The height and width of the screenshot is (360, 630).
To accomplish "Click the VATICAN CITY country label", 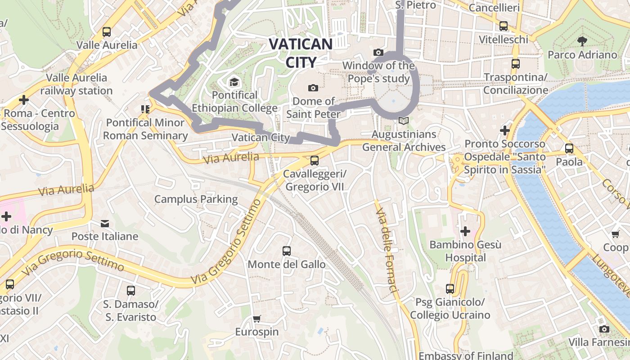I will [301, 53].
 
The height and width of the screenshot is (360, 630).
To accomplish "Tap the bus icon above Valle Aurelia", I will [107, 32].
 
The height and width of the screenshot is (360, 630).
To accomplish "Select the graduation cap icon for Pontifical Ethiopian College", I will [234, 82].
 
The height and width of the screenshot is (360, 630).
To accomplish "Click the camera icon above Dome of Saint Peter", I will [313, 88].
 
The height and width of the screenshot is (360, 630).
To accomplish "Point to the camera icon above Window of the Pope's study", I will [378, 53].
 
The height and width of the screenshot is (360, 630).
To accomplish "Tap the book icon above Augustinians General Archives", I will [404, 121].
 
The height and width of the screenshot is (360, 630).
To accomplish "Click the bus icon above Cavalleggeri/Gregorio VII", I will [315, 161].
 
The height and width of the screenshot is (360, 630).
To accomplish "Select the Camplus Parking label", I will [196, 199].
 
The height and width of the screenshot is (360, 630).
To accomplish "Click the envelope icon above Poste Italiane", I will [105, 223].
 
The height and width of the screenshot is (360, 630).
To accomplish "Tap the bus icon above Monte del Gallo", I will [287, 251].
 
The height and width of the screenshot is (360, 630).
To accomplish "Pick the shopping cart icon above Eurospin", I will [256, 319].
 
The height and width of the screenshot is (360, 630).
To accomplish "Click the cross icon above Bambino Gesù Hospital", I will [465, 232].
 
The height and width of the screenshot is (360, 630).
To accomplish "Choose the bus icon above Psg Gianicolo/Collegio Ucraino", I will [450, 288].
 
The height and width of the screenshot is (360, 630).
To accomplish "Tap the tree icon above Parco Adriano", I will [582, 41].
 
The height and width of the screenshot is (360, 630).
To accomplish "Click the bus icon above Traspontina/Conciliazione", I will [516, 64].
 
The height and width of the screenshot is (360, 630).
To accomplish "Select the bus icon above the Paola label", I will [569, 148].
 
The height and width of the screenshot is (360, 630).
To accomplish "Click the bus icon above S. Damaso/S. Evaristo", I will [131, 291].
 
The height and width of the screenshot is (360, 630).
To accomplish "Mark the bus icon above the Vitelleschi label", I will [504, 27].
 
